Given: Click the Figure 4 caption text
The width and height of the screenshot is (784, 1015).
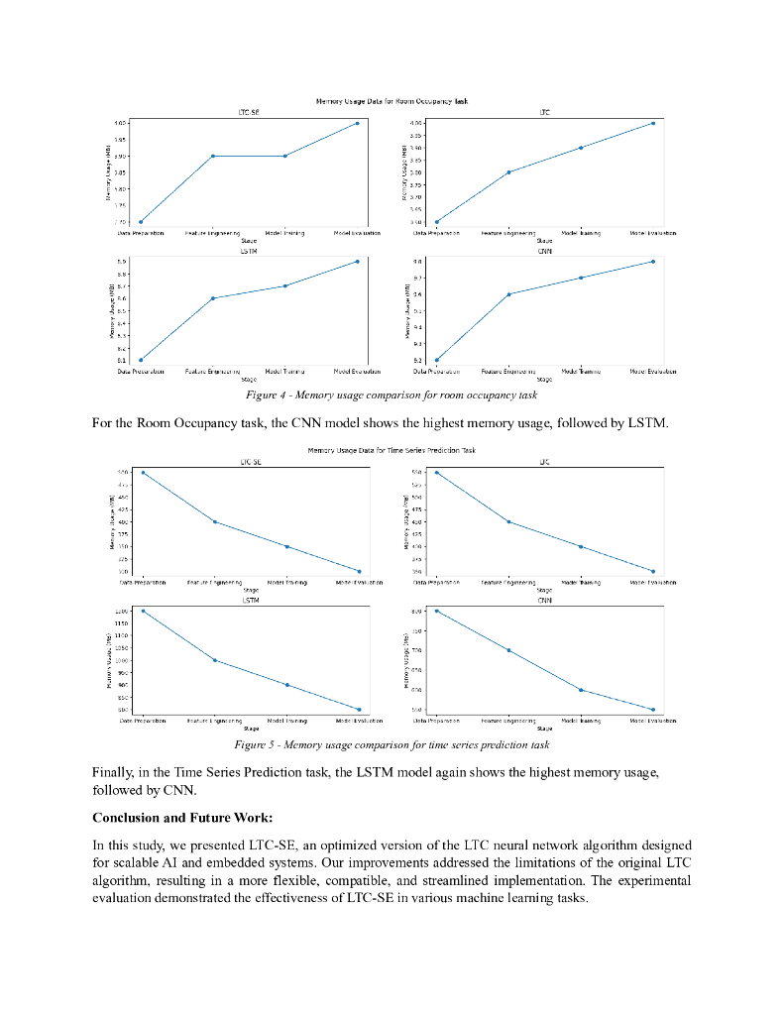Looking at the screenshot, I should point(392,395).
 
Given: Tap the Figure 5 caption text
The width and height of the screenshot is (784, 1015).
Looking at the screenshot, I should point(392,743).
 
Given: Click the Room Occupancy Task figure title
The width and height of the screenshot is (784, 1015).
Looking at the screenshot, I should point(392,101).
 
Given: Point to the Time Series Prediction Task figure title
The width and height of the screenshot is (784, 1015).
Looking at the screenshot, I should point(392,450).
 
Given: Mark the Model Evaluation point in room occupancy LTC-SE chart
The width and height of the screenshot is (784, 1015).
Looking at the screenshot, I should point(357,123).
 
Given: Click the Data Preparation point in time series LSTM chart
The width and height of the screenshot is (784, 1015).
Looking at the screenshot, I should point(143,611).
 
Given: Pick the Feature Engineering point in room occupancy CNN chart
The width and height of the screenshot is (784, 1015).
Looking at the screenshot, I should point(508,294).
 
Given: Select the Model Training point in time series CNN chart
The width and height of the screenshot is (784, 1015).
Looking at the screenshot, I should point(581,690).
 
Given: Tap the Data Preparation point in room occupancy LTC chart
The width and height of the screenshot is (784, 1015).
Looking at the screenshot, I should point(437,222).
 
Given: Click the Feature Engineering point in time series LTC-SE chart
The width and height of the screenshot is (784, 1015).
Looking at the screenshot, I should point(215,521).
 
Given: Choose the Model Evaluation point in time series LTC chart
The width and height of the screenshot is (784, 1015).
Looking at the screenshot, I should point(652,571).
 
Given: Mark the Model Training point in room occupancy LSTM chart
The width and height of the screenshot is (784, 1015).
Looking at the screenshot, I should point(285,285).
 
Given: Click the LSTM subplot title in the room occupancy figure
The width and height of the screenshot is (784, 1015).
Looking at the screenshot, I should point(250,252).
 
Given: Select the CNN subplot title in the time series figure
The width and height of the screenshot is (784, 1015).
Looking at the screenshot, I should point(545,601).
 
